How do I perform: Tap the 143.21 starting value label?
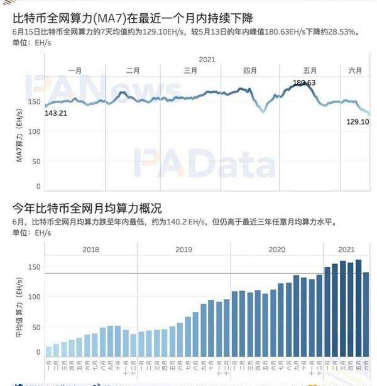tap(56, 113)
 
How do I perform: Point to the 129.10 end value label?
tap(357, 121)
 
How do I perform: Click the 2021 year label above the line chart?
tap(207, 59)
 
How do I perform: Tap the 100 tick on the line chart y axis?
tap(36, 131)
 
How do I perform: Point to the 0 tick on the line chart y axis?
tap(39, 186)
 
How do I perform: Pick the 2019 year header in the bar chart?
tap(183, 250)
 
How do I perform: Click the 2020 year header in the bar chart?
tap(276, 250)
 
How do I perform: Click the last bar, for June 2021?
tap(366, 314)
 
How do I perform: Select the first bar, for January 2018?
tap(49, 351)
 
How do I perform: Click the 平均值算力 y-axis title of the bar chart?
tap(19, 308)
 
